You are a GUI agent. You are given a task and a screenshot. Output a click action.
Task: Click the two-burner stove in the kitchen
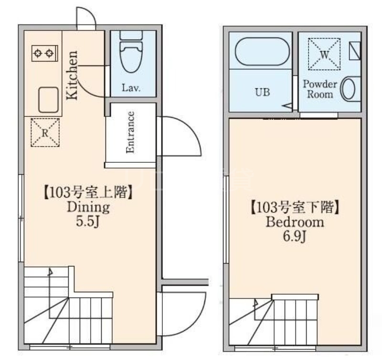[x=45, y=53]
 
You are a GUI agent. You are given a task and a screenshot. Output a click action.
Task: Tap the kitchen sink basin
[x=49, y=100]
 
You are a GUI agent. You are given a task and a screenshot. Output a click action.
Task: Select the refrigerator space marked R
[x=45, y=133]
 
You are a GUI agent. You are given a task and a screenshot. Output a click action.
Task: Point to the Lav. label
[x=131, y=88]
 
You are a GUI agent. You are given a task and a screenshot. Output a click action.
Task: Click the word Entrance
[x=130, y=132]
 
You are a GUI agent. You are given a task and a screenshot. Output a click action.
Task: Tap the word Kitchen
[x=73, y=75]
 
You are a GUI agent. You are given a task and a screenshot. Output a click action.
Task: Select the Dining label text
[x=88, y=208]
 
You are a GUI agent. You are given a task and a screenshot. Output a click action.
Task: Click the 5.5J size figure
[x=88, y=222]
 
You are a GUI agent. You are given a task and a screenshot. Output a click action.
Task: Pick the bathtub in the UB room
[x=262, y=52]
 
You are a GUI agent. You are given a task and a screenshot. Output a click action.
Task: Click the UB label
[x=262, y=92]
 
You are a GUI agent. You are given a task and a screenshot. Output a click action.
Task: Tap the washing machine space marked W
[x=324, y=54]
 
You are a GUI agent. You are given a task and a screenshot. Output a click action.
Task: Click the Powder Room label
[x=320, y=89]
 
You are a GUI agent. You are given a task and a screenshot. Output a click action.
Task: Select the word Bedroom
[x=295, y=222]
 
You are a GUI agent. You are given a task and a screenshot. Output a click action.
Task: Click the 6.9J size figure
[x=294, y=236]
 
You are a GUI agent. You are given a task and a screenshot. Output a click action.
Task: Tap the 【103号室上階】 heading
[x=88, y=192]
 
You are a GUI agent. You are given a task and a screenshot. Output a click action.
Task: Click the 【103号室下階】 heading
[x=295, y=207]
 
